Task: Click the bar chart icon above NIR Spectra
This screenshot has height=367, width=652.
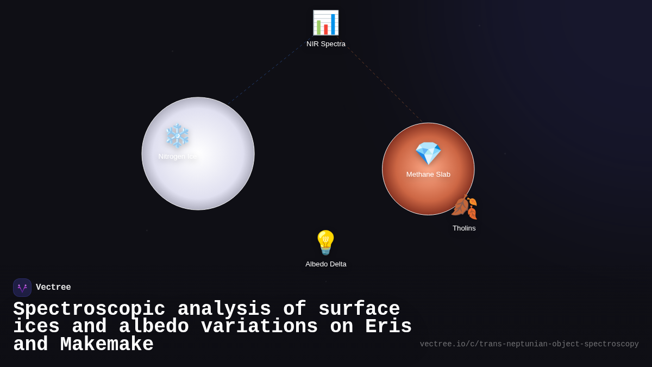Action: point(325,23)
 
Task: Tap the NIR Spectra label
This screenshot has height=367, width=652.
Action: point(326,44)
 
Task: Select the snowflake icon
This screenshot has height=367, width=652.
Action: point(177,135)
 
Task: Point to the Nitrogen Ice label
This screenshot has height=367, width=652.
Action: point(178,157)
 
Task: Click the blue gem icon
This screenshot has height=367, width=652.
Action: point(428,153)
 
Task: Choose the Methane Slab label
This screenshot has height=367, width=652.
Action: point(428,175)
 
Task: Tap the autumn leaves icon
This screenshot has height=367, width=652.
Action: point(464,207)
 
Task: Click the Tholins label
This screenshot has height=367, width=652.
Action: point(464,228)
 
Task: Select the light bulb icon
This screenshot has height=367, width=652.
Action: point(325,242)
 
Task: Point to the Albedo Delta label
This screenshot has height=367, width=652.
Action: point(326,264)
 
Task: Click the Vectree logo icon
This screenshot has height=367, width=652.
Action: point(22,288)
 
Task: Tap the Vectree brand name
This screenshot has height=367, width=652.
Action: point(53,288)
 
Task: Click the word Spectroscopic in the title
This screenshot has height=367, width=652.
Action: point(89,309)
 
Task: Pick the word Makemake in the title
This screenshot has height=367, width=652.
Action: point(106,345)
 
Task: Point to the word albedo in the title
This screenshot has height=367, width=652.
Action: point(154,327)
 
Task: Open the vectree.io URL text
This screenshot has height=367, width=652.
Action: point(529,344)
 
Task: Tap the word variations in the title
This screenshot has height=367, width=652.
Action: point(259,327)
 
